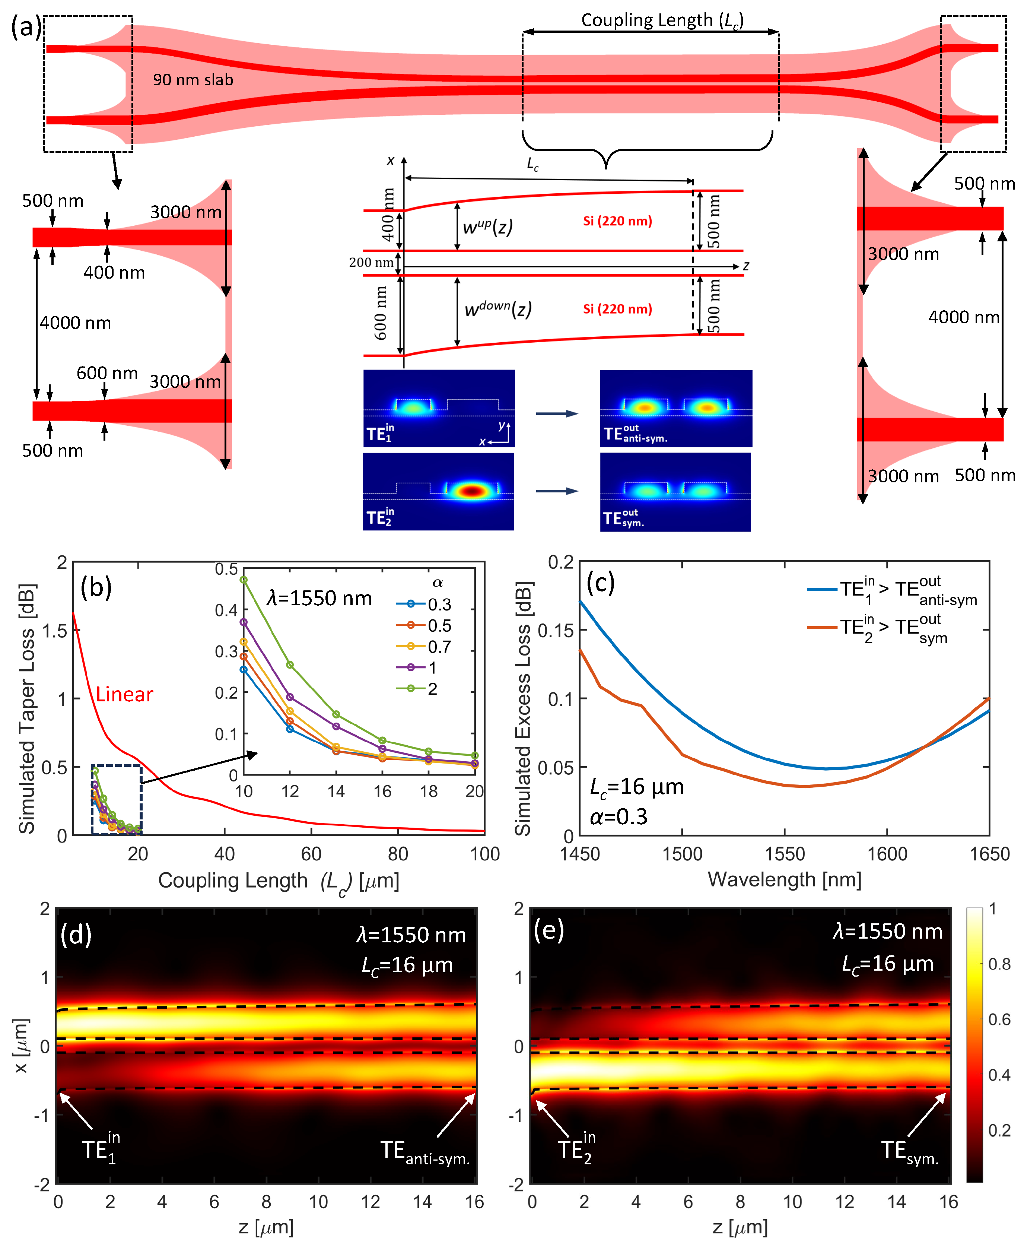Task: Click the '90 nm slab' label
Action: (193, 80)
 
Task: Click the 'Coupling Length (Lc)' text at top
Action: (662, 20)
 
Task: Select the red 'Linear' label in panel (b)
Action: (124, 694)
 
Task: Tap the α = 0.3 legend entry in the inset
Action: (423, 604)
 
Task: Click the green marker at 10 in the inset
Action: (244, 579)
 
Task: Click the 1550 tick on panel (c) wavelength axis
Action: (785, 854)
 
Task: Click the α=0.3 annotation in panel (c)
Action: (619, 816)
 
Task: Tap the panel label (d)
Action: (76, 935)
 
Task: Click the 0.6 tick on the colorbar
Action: (999, 1019)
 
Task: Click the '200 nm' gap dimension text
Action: (371, 263)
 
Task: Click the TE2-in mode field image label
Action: (381, 516)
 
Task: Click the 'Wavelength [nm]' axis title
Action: (785, 879)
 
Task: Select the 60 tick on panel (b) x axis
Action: (311, 854)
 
